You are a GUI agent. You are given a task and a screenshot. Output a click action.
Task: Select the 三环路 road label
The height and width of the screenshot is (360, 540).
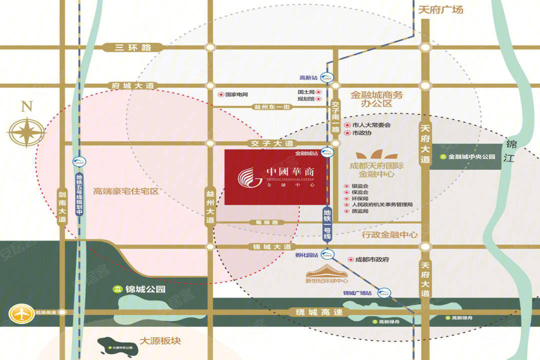(126, 47)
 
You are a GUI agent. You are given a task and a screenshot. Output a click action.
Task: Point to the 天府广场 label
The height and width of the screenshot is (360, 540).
(440, 9)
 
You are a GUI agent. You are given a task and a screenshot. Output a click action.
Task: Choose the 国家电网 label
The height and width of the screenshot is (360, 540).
(236, 94)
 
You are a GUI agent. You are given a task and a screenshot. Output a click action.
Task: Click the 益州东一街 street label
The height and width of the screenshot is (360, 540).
(272, 106)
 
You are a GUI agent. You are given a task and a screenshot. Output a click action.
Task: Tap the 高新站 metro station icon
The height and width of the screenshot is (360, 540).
(326, 77)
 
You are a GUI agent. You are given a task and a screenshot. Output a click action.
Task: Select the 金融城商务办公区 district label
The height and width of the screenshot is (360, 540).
(376, 99)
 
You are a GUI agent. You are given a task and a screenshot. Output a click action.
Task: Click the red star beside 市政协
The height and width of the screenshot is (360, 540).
(347, 133)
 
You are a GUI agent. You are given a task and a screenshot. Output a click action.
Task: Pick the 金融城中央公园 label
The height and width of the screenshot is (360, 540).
(471, 156)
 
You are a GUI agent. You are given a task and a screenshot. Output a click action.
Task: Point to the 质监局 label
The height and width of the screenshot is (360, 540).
(360, 211)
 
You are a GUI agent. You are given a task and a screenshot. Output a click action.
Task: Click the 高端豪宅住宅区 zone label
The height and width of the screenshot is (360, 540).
(125, 191)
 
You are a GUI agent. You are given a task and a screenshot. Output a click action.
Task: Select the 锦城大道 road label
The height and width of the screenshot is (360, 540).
(271, 246)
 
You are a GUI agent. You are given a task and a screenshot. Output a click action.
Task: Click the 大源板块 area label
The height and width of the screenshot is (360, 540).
(160, 341)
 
